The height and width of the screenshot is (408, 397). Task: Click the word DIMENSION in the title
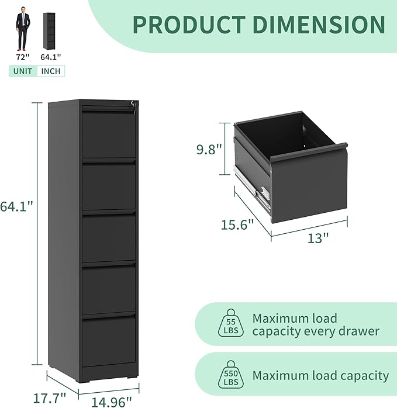316,24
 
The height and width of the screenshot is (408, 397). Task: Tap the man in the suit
23,29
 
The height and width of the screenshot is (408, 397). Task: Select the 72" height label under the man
23,57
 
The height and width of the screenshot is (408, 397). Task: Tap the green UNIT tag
22,71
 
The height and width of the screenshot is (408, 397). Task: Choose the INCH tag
51,71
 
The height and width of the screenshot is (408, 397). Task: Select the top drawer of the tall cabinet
108,134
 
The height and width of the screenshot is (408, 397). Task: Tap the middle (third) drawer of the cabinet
108,238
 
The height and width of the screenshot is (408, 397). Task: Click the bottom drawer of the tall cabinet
108,342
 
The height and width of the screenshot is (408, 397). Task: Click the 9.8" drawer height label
209,150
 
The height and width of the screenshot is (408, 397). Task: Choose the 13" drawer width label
318,238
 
